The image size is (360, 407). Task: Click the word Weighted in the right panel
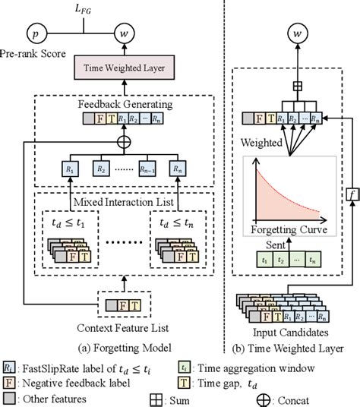coord(261,141)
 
